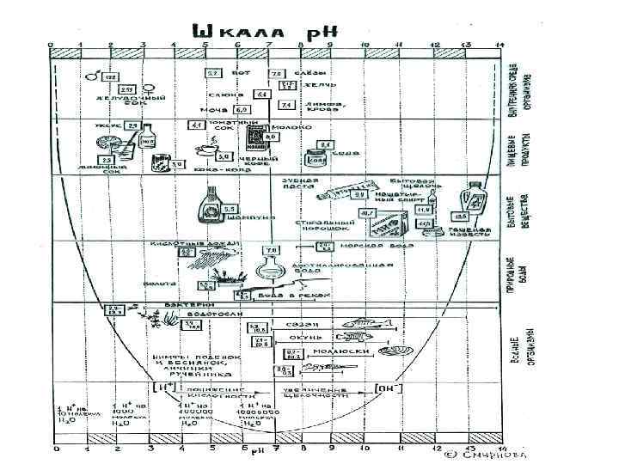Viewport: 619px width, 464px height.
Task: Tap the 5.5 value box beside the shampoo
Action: pos(230,209)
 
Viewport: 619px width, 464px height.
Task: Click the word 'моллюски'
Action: pos(348,351)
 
